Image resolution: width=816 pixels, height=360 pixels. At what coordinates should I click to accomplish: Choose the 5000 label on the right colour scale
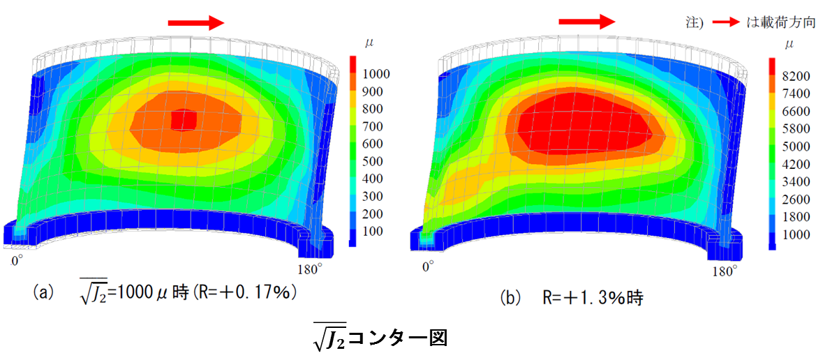(796, 145)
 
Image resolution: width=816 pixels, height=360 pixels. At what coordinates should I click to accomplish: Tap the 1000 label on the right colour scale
(796, 234)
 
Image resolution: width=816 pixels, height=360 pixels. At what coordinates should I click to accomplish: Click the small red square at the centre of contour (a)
(184, 120)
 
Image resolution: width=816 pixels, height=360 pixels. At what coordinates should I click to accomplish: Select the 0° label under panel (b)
(428, 266)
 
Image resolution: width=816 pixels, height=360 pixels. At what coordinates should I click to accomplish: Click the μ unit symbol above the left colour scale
(370, 43)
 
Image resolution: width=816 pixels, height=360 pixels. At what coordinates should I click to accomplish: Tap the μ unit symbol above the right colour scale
(789, 44)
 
